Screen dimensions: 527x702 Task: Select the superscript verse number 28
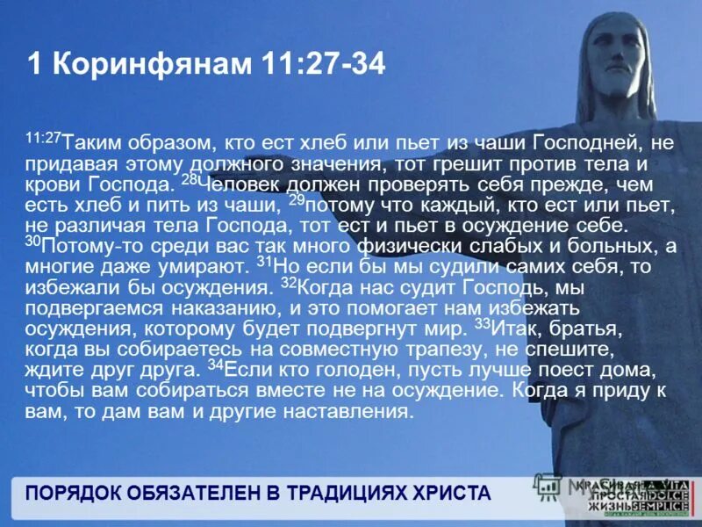tap(189, 179)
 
